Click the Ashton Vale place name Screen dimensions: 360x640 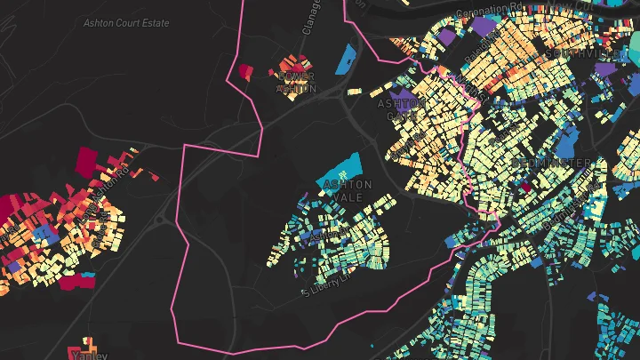349,190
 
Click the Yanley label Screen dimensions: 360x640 88,355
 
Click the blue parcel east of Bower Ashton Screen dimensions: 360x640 348,60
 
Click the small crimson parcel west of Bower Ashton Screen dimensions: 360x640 246,71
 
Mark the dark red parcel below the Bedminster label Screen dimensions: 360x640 525,187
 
